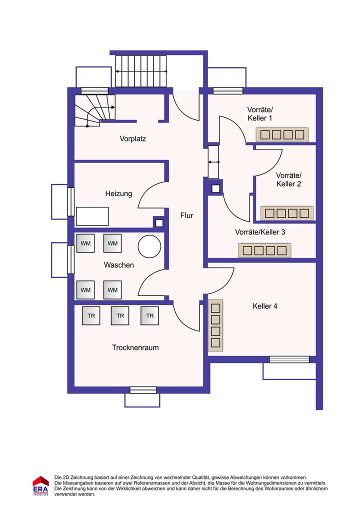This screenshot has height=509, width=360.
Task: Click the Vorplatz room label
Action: coord(133,139)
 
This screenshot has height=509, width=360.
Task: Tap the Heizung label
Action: coord(118,194)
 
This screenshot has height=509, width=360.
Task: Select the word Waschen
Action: coord(119,265)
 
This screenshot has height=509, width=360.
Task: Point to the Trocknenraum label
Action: coord(135,347)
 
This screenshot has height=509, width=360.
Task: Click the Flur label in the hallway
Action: coord(186,215)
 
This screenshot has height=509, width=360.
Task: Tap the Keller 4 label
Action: coord(265,306)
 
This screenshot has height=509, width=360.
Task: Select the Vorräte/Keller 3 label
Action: coord(260,232)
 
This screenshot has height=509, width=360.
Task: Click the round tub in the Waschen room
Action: coord(149,246)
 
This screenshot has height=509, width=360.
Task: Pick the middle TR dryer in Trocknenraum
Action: coord(120,316)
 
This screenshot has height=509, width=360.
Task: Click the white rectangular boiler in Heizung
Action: coord(92,216)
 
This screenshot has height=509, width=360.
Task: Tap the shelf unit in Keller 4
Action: coord(215,325)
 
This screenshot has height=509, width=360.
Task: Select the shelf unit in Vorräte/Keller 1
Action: coord(282,134)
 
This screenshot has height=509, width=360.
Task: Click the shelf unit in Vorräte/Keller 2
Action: coord(287,213)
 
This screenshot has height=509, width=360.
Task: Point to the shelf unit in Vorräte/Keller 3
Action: coord(264,250)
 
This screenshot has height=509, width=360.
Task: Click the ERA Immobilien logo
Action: coord(40,485)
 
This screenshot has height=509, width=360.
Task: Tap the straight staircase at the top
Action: coord(141,71)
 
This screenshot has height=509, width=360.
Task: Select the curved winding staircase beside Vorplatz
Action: coord(95,110)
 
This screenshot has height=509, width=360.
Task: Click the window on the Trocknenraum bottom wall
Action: coord(143,390)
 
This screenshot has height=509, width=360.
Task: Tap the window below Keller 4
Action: coord(289,359)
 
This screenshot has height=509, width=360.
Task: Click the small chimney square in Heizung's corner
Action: coord(159,223)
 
